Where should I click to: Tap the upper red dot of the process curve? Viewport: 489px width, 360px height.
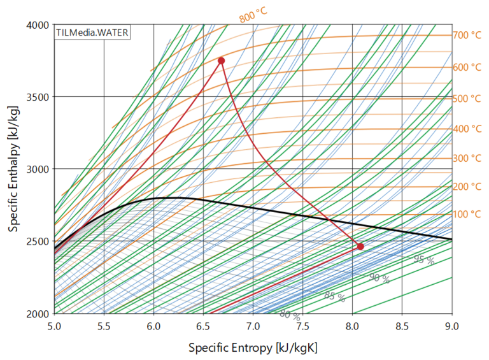[x=221, y=61]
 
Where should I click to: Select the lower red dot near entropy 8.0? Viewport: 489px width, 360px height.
[x=360, y=246]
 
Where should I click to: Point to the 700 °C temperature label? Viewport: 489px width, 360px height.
[x=467, y=36]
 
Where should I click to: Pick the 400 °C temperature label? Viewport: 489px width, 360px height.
[x=467, y=129]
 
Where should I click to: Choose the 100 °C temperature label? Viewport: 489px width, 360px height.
[x=467, y=214]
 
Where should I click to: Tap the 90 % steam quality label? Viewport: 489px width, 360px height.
[x=379, y=278]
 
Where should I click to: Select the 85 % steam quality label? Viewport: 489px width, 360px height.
[x=334, y=296]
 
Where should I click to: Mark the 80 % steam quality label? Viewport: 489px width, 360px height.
[x=290, y=314]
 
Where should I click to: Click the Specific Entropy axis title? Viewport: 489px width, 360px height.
[x=253, y=347]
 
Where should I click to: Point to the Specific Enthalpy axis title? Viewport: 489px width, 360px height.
[x=13, y=169]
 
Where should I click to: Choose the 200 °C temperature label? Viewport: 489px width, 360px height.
[x=467, y=187]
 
